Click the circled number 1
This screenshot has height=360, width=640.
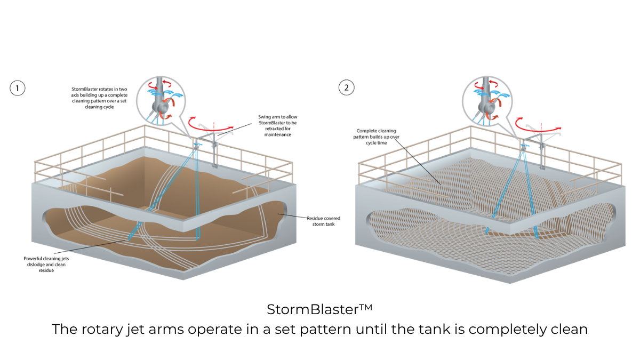click(18, 88)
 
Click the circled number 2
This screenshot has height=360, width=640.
click(347, 88)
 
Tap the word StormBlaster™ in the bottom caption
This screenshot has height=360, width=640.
click(319, 309)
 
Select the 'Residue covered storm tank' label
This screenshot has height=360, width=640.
click(323, 221)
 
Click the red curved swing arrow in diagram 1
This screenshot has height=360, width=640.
click(216, 124)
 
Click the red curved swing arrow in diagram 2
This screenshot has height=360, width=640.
click(539, 124)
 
